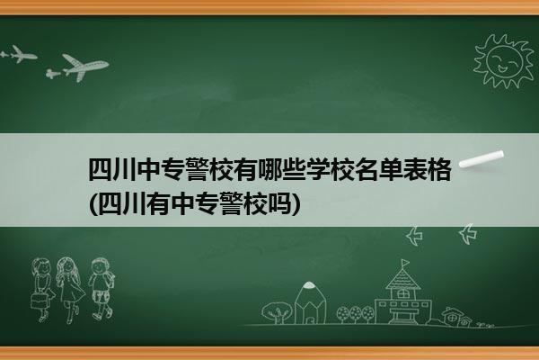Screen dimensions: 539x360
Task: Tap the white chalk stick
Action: pyautogui.click(x=482, y=159)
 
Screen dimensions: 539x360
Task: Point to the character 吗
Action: pyautogui.click(x=279, y=203)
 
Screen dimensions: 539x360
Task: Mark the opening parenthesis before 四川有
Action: pyautogui.click(x=93, y=203)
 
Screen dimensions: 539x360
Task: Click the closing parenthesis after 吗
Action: pyautogui.click(x=296, y=203)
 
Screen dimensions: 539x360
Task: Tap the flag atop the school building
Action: pyautogui.click(x=406, y=263)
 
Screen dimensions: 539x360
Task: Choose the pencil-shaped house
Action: pyautogui.click(x=310, y=303)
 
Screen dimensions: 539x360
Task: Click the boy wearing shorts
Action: pyautogui.click(x=102, y=289)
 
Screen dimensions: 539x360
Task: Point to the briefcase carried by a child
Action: pyautogui.click(x=39, y=301)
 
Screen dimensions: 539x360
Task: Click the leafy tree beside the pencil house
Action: pyautogui.click(x=277, y=311)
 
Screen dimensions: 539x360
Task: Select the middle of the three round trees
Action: pyautogui.click(x=356, y=314)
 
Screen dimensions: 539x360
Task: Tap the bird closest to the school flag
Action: pyautogui.click(x=414, y=236)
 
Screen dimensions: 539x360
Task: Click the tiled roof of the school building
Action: pyautogui.click(x=402, y=279)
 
